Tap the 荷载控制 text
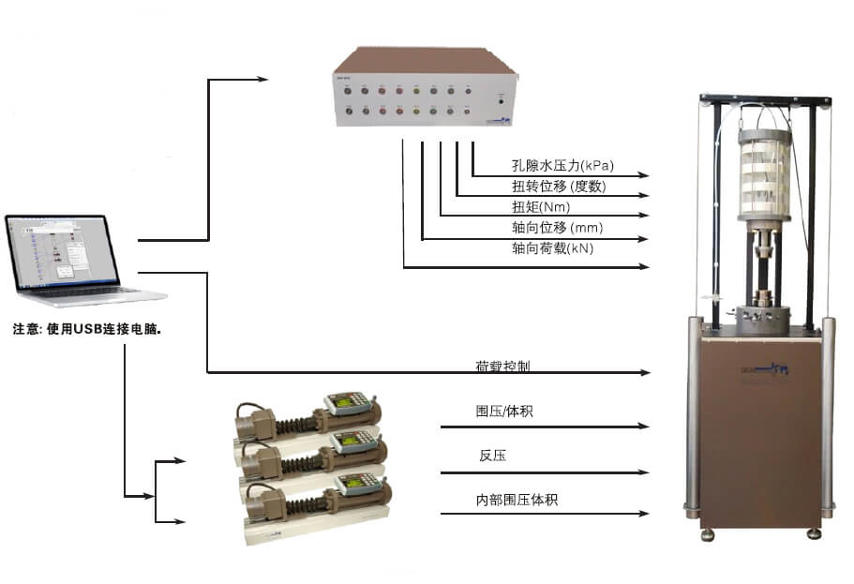pos(502,367)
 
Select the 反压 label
pos(493,456)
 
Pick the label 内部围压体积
pos(517,500)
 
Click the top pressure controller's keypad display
pos(343,404)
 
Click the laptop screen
pos(62,250)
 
